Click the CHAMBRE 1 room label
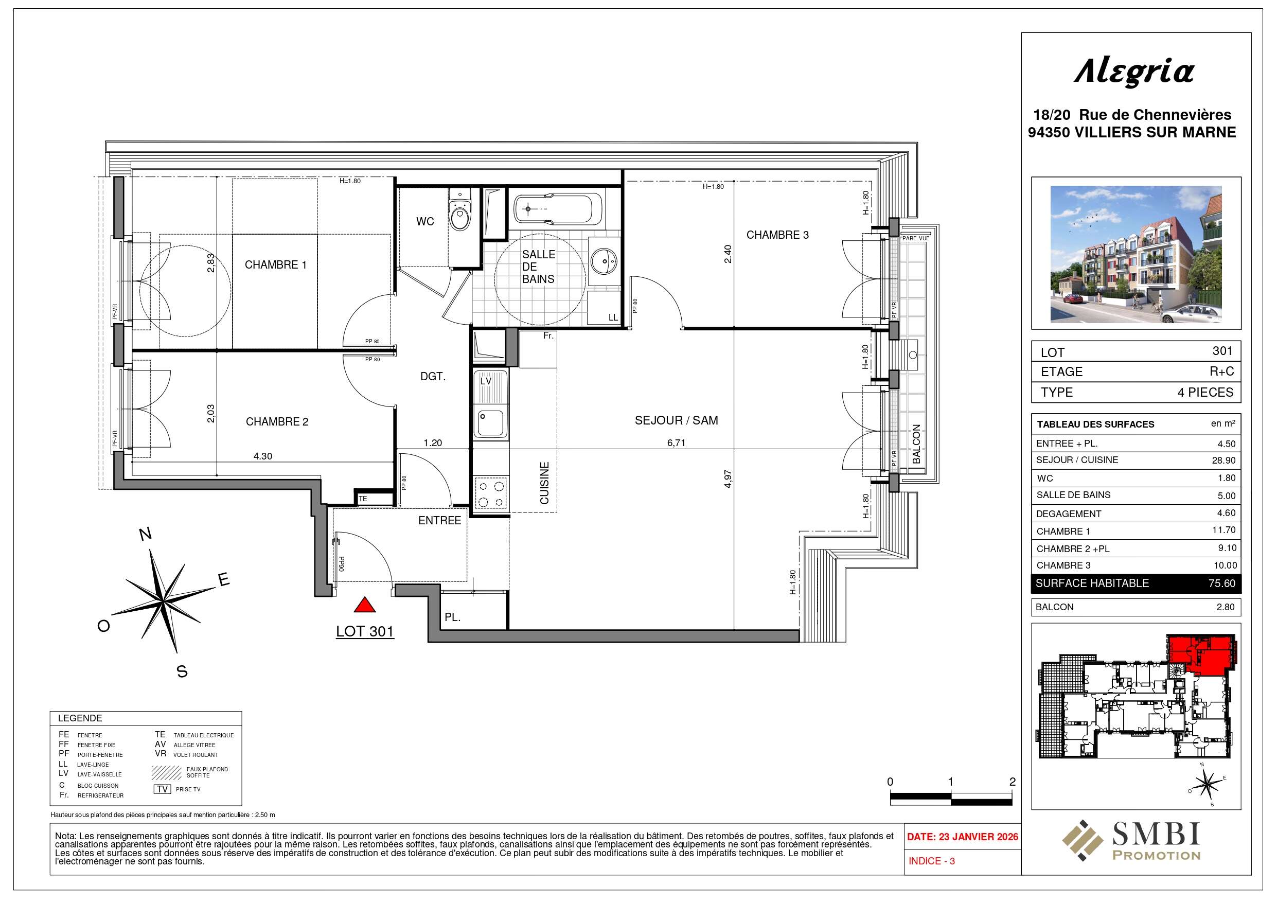(x=275, y=265)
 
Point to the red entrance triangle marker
(x=364, y=605)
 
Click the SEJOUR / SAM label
(x=677, y=420)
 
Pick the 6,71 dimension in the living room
(x=677, y=443)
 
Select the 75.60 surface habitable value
(x=1222, y=583)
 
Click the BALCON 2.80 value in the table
(x=1225, y=607)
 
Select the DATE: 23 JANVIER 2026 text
(x=963, y=837)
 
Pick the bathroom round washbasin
(x=604, y=260)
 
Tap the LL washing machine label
(x=613, y=317)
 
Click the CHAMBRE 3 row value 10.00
(x=1225, y=566)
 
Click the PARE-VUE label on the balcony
(x=915, y=238)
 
